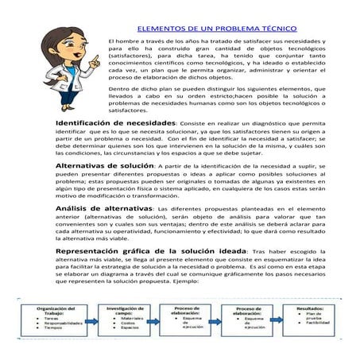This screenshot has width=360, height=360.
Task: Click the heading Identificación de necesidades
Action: (115, 125)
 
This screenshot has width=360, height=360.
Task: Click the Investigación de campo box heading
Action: (123, 311)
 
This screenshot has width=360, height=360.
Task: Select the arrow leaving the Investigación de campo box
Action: (155, 318)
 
